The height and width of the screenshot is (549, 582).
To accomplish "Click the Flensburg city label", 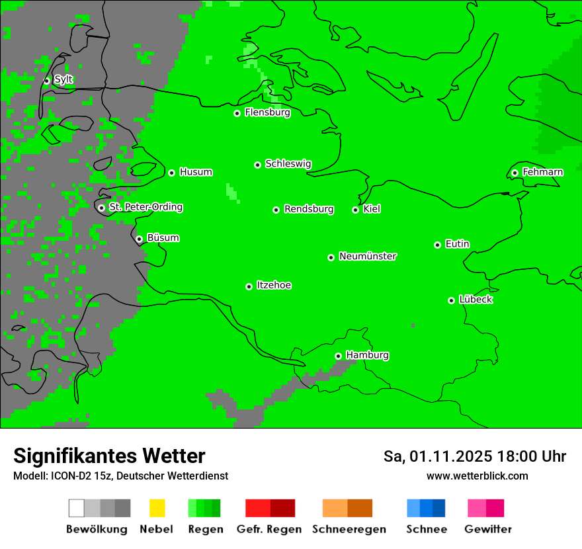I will click(x=267, y=112).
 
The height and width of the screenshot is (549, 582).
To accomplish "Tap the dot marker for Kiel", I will click(x=355, y=210).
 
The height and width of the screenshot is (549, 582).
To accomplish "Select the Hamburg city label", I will click(x=367, y=355).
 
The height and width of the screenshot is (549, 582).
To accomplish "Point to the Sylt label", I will click(x=63, y=79).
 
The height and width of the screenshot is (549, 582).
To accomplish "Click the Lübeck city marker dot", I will click(x=451, y=300).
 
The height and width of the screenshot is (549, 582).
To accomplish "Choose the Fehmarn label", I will click(x=542, y=172).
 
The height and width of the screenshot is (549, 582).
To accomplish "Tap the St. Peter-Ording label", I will click(x=145, y=207).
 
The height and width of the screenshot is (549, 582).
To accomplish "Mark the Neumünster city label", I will click(x=368, y=256).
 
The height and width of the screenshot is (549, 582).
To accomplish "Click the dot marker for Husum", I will click(x=171, y=173).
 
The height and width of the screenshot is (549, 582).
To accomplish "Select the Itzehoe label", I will click(x=274, y=285).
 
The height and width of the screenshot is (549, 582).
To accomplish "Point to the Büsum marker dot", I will click(x=139, y=239).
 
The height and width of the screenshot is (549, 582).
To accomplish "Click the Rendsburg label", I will click(x=309, y=209).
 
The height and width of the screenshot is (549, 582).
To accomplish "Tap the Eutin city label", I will click(x=457, y=244).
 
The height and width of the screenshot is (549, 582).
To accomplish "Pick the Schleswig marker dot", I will click(x=257, y=165).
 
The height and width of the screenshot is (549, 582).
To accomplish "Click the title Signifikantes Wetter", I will click(x=109, y=456).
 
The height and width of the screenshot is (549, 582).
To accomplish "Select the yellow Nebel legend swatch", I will click(x=157, y=508).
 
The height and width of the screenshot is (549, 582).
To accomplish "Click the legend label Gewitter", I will click(x=487, y=529).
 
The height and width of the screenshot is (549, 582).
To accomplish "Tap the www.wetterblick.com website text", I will click(x=477, y=476).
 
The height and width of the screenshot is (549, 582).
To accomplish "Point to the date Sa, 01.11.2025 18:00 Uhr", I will click(x=474, y=456).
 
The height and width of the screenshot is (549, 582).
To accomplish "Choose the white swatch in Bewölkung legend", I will click(x=77, y=508).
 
